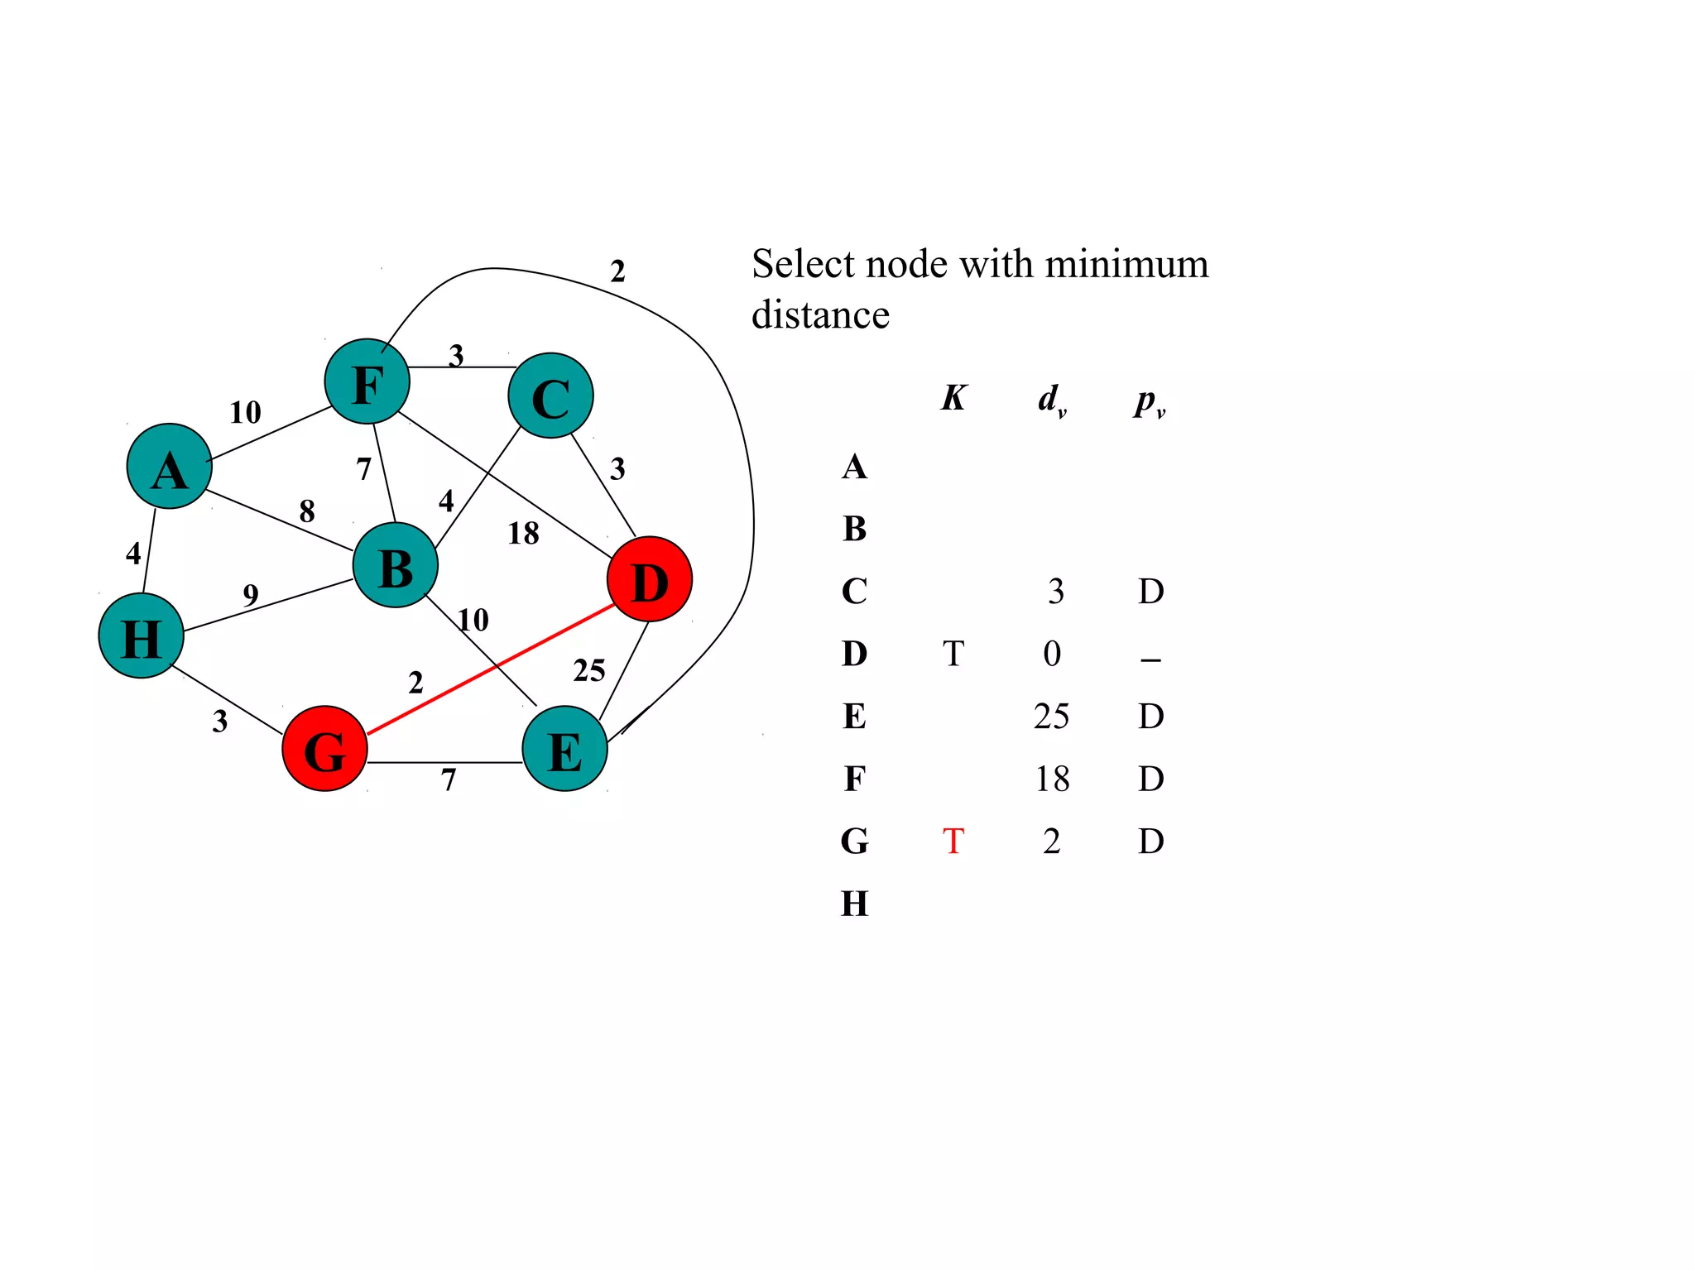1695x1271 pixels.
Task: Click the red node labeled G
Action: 324,748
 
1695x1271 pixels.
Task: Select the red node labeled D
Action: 650,579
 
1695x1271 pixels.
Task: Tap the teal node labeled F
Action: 367,381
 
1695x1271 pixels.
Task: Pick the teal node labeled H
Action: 141,635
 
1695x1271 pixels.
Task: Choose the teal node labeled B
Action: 396,565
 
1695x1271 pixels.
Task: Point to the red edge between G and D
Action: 491,669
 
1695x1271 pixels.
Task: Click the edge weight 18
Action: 523,534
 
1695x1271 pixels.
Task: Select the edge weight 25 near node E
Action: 589,670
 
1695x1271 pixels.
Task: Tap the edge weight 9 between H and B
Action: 251,594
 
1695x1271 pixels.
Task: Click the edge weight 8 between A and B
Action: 307,511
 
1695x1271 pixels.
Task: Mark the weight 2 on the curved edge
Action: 617,271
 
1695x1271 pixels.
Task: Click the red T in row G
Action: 953,842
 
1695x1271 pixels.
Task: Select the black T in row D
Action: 953,654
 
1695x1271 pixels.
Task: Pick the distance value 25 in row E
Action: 1051,717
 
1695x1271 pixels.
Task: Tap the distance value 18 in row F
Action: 1052,779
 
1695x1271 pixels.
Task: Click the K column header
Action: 953,398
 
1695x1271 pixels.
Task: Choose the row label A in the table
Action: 855,468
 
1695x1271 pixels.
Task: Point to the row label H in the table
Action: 855,904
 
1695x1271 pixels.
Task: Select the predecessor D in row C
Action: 1150,592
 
